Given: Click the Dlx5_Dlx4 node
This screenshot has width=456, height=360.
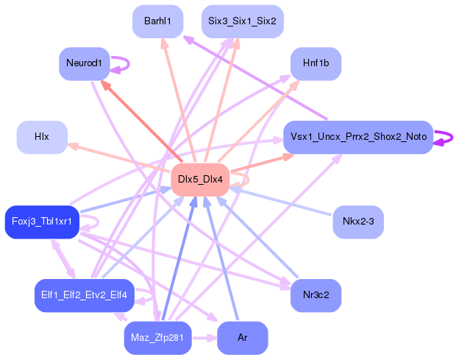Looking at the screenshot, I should click(x=200, y=180).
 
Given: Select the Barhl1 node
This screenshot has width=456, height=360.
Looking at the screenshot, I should click(x=158, y=21).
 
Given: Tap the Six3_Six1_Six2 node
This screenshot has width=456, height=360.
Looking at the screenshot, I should click(x=242, y=21).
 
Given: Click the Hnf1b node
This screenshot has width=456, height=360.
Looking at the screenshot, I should click(x=316, y=63).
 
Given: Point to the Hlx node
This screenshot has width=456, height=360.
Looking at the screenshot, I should click(x=42, y=137).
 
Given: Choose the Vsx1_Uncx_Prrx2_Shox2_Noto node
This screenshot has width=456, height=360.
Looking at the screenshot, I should click(x=357, y=137).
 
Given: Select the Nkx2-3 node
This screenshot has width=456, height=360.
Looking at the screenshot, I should click(x=358, y=221).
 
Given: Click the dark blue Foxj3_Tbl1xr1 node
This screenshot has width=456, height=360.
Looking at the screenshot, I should click(x=42, y=222).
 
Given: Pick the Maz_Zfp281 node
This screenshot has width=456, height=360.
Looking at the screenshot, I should click(x=158, y=338).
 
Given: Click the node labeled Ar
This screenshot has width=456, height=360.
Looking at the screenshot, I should click(x=242, y=338).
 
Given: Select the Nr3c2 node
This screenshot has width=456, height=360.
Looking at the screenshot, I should click(x=316, y=295).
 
